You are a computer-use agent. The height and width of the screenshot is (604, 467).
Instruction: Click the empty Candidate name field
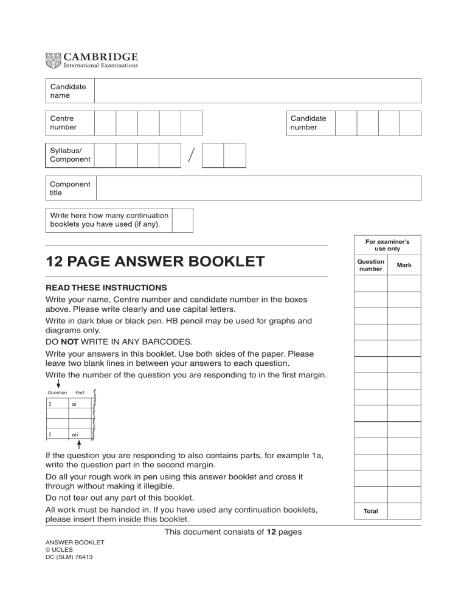(258, 91)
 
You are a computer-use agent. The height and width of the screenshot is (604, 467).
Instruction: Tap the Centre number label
(64, 123)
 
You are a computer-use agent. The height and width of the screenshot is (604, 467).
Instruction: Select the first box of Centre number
(105, 123)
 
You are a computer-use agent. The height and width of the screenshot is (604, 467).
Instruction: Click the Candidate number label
(308, 123)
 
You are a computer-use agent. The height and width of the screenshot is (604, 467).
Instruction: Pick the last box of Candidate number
(410, 123)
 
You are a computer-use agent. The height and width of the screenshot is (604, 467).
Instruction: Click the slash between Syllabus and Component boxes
(192, 154)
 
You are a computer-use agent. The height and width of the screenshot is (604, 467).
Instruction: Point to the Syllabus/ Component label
(70, 154)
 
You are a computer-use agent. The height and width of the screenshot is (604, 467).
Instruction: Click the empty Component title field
(258, 188)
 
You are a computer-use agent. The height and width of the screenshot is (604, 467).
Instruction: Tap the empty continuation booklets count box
(182, 220)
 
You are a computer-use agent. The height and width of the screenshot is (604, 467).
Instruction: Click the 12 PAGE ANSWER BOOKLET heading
(155, 262)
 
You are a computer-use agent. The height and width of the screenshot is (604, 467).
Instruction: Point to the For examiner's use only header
(387, 244)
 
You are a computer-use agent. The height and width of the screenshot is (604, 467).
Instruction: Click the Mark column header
(404, 265)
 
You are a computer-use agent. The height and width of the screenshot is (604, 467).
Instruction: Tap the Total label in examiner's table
(370, 511)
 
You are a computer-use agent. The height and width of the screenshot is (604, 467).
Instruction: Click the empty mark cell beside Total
(404, 511)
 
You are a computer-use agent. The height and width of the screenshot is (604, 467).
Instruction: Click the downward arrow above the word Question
(58, 384)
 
